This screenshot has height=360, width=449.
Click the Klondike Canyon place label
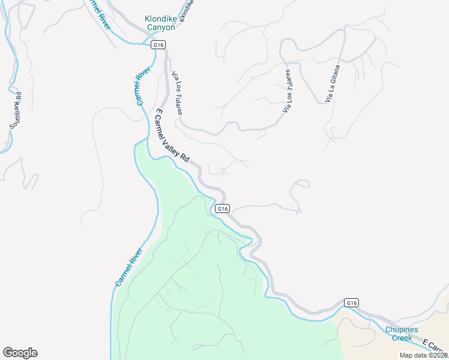coord(160,23)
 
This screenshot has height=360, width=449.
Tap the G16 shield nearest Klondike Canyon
coord(158,44)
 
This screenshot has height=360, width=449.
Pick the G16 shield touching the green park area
coord(222,208)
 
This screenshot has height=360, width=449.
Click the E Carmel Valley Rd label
coord(172,136)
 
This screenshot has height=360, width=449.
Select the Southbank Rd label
coord(16,110)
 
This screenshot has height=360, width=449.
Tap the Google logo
coord(20,353)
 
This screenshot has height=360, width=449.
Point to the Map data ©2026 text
coord(424,355)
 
